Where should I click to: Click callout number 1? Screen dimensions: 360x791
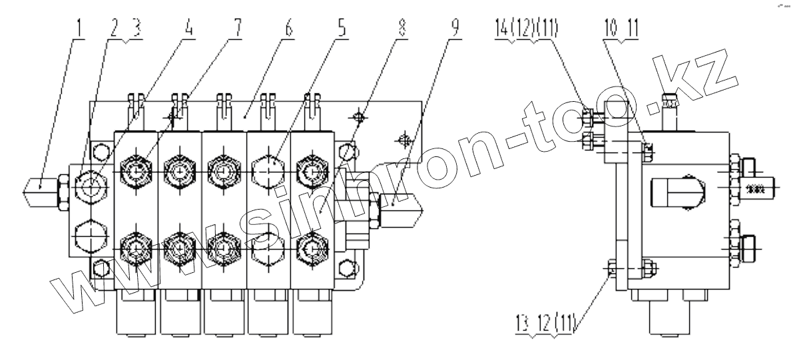pos(80,29)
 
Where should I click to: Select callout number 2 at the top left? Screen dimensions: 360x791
pos(113,29)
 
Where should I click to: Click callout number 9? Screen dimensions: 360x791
pos(454,29)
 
